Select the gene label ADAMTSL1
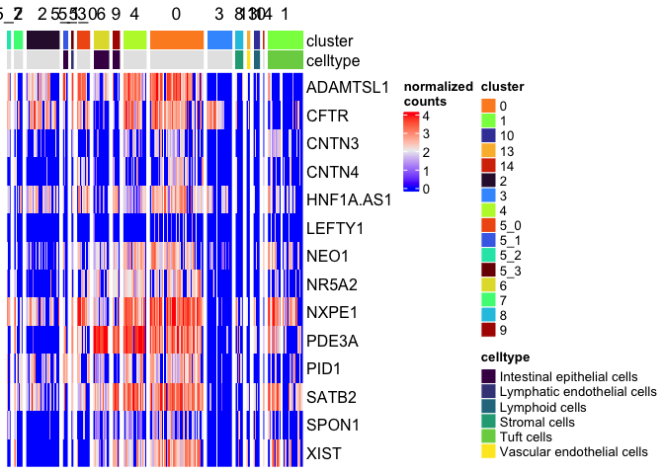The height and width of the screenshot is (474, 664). (349, 87)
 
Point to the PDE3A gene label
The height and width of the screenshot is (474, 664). (333, 341)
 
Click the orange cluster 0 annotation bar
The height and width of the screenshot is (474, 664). (177, 39)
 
